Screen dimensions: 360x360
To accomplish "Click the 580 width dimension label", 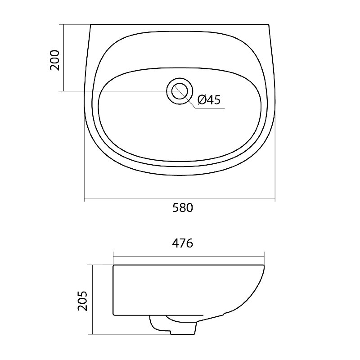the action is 183,208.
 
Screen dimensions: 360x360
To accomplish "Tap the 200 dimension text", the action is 55,60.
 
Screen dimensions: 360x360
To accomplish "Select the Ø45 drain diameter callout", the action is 209,99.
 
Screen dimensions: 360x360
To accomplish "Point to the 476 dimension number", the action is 183,243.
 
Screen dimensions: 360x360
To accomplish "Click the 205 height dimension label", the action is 83,301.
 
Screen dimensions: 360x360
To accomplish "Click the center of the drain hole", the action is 180,91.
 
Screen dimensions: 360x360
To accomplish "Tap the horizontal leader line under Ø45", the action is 210,108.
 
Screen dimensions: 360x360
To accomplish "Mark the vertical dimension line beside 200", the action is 63,58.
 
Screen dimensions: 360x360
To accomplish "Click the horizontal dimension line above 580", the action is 180,198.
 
